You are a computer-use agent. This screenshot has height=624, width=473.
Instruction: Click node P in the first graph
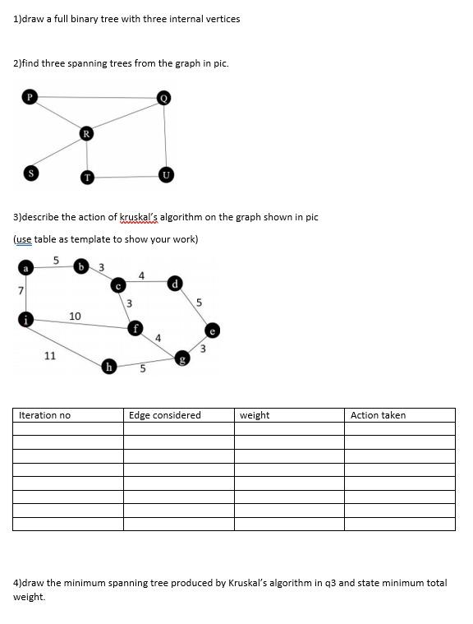30,97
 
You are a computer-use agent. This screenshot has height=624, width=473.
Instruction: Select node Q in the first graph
164,98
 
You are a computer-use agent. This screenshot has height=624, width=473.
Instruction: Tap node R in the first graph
86,132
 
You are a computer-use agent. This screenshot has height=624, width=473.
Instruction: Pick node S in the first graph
30,173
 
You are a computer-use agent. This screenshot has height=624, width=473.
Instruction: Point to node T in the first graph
87,177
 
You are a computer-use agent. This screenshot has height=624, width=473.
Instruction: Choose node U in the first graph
166,174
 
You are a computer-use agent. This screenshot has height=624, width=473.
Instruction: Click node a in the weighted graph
25,268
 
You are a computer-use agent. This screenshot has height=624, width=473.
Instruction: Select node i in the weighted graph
25,320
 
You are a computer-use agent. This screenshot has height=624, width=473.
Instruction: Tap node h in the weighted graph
108,367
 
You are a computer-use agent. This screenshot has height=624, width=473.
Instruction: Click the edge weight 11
49,356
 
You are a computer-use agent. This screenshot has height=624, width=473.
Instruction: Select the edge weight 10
75,316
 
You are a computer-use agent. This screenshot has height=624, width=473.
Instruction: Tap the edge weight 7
20,290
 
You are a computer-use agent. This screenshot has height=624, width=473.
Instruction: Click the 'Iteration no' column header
44,415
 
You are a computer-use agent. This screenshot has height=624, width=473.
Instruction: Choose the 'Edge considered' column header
164,415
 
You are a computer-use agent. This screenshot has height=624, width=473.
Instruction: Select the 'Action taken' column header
378,415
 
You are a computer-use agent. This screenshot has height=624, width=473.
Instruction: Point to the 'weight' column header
255,415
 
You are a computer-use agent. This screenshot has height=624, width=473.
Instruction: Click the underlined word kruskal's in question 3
140,217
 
